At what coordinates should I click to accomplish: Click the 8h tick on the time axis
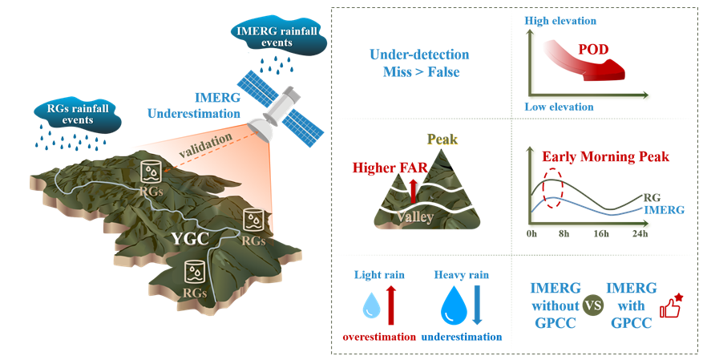pos(564,233)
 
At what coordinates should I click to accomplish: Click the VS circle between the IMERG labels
pos(593,305)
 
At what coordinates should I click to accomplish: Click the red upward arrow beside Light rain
pos(392,305)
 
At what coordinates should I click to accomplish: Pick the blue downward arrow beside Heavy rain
pos(476,305)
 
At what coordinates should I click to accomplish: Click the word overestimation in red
pos(379,337)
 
